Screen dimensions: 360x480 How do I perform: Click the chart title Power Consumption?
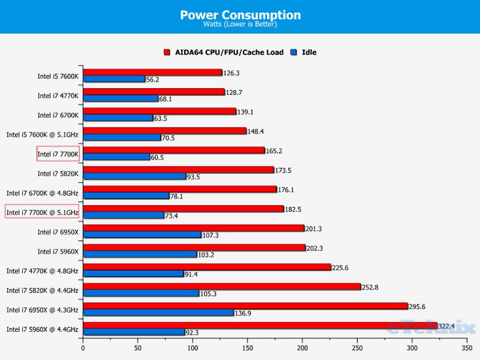(240, 14)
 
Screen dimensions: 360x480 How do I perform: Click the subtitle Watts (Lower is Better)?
(240, 25)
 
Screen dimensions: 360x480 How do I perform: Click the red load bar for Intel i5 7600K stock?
(152, 73)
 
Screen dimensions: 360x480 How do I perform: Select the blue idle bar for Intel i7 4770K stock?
(120, 99)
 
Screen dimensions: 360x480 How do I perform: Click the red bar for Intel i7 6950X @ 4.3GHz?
(245, 306)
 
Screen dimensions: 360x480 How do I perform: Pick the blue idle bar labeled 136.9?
(158, 313)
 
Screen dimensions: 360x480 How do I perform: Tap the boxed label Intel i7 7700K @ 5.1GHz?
(42, 212)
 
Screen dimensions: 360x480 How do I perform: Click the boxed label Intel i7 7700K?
(58, 154)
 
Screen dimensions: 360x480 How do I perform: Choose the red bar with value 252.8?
(221, 286)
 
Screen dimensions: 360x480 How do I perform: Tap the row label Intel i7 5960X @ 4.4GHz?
(42, 329)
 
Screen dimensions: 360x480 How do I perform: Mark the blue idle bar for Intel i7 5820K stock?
(134, 176)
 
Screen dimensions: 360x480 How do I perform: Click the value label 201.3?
(314, 228)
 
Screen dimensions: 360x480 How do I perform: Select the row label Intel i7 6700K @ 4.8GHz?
(42, 193)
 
